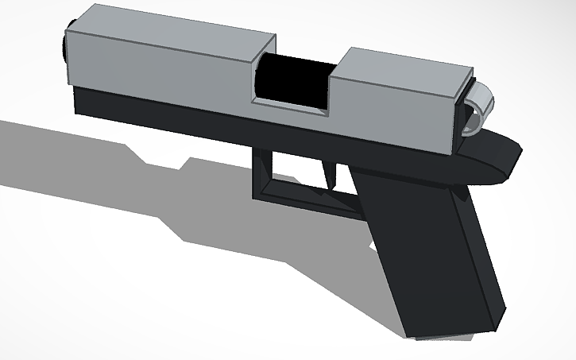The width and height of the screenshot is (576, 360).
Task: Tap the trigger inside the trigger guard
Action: [x=328, y=174]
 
